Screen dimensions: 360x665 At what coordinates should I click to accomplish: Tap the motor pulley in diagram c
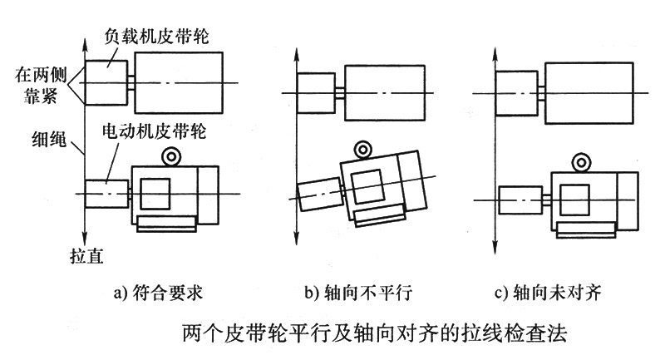click(x=517, y=200)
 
